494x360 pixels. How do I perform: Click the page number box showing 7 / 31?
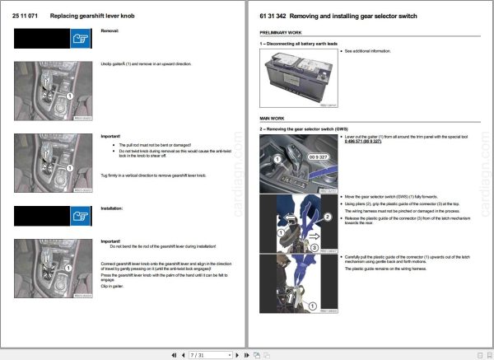[198, 355]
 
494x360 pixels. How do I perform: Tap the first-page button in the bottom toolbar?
[174, 355]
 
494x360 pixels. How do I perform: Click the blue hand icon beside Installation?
[79, 216]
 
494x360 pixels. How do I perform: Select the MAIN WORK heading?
[273, 119]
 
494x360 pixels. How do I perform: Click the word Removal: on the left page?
[110, 30]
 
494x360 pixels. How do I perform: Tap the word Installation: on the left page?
[112, 208]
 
